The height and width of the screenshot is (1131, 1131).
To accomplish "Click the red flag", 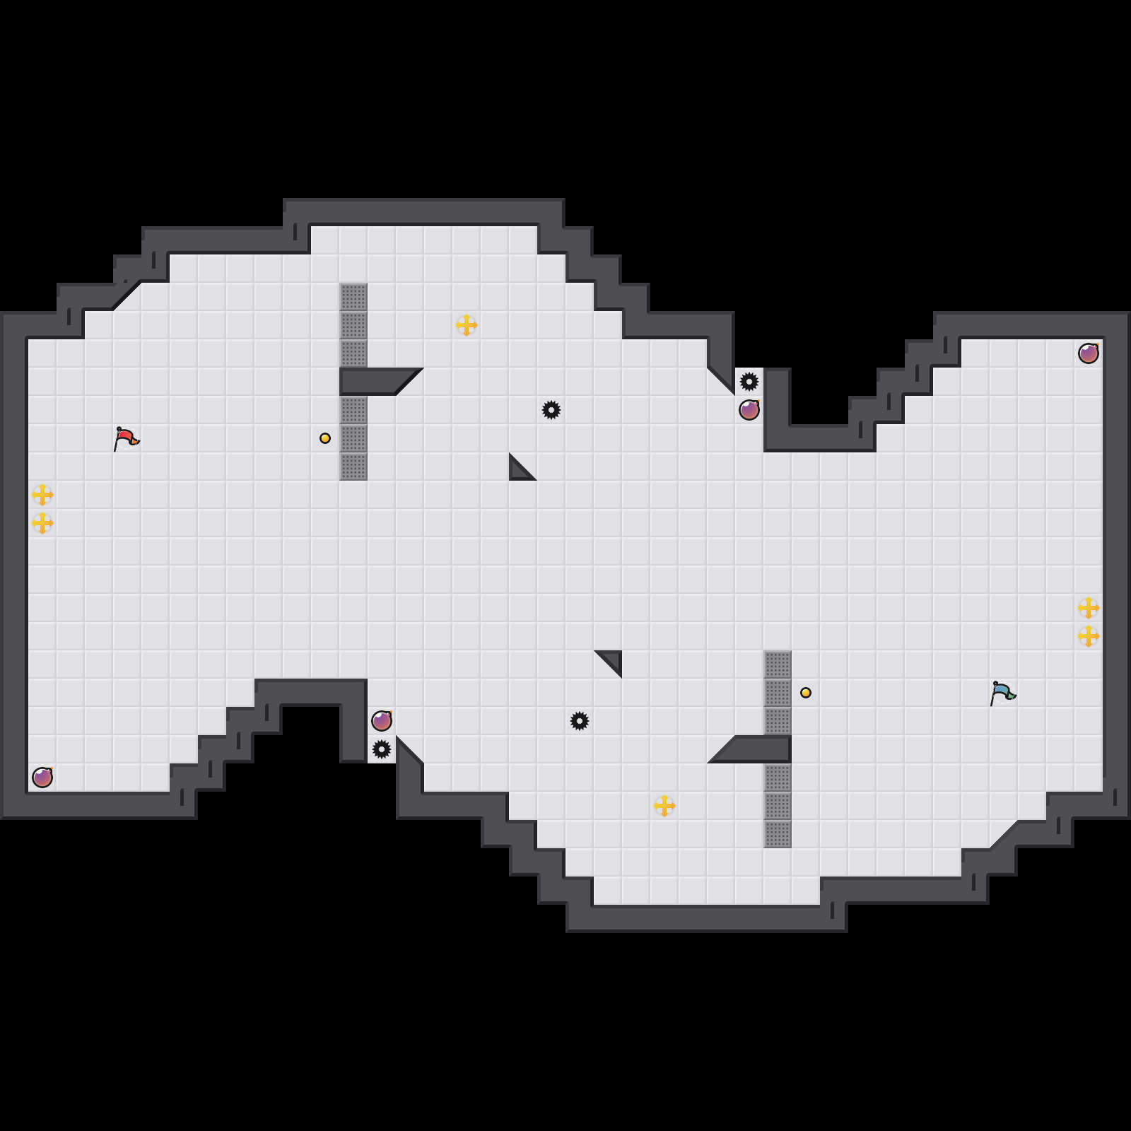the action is click(x=126, y=439).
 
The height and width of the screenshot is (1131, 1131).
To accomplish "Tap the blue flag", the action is click(x=1002, y=693).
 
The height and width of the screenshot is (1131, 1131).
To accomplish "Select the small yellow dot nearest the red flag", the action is click(x=325, y=438).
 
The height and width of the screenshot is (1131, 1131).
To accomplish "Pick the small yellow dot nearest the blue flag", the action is click(x=806, y=693).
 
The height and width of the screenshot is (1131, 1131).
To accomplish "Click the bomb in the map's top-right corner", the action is click(x=1089, y=353).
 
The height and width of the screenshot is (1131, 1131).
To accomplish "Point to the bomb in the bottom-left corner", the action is click(x=42, y=778).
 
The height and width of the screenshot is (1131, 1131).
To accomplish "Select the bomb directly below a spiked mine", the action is click(x=749, y=410).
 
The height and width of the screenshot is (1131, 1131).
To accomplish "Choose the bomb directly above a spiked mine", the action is click(x=382, y=721).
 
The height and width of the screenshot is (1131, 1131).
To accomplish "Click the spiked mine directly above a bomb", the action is click(x=749, y=382).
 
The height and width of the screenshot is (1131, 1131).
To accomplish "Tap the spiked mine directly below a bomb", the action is click(x=382, y=749).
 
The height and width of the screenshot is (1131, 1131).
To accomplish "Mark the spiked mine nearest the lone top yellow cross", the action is click(x=551, y=410).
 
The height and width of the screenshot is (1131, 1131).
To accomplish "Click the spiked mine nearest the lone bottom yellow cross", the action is click(x=580, y=721).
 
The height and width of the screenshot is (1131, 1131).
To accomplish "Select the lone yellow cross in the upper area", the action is click(x=467, y=325).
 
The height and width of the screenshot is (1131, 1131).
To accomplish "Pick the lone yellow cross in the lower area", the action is click(x=664, y=806).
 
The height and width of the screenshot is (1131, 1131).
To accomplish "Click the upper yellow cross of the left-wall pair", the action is click(x=42, y=495).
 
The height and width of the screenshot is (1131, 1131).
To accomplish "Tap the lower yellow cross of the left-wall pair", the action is click(x=42, y=523).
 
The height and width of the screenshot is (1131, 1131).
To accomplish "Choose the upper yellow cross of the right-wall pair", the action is click(x=1089, y=608).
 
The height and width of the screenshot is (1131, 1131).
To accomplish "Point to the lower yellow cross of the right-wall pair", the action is click(x=1089, y=636).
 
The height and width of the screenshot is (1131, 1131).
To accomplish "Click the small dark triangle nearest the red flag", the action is click(x=519, y=470).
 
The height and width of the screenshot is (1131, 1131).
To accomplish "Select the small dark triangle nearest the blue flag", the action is click(x=612, y=660).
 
